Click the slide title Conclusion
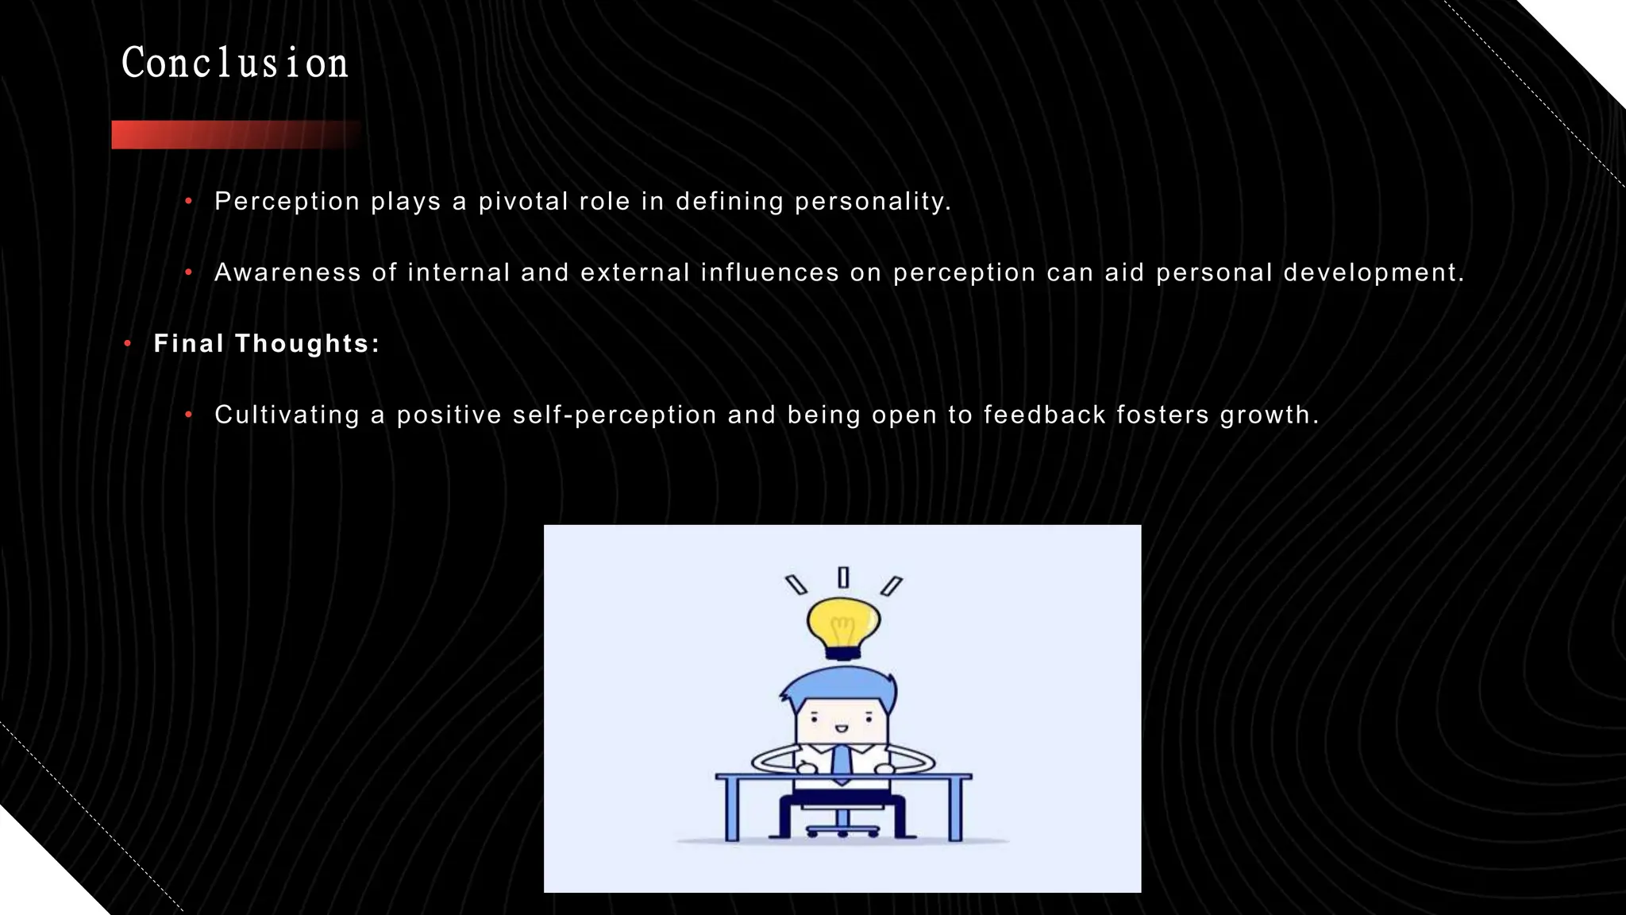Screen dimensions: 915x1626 coord(235,64)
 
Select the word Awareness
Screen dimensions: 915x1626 coord(287,272)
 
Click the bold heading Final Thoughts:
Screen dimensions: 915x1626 coord(267,343)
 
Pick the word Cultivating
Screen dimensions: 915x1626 coord(287,415)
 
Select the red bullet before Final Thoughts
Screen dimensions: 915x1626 coord(127,344)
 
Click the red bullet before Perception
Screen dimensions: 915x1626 coord(188,202)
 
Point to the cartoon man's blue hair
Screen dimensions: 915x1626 coord(840,685)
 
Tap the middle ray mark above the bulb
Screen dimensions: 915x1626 coord(843,577)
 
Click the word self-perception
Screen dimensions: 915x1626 coord(615,415)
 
